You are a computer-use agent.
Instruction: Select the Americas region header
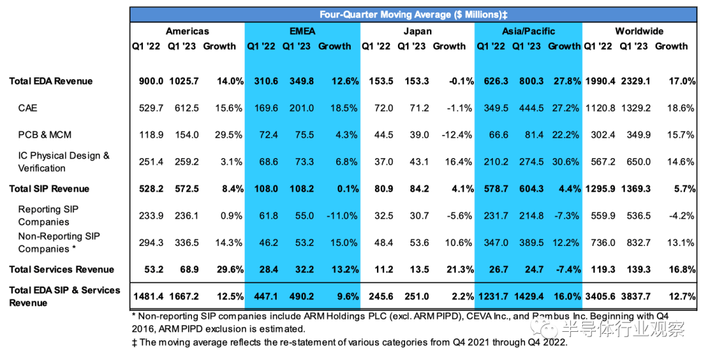[x=187, y=31]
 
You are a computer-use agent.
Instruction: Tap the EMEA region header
[x=302, y=31]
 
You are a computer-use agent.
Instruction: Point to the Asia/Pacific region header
[x=528, y=31]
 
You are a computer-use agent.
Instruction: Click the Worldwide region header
[x=639, y=31]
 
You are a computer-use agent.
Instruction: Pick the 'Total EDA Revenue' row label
[x=50, y=81]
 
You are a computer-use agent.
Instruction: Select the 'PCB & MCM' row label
[x=45, y=134]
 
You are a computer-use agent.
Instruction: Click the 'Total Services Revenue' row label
[x=62, y=270]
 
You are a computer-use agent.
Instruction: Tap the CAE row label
[x=28, y=108]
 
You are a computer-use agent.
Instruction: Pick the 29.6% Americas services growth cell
[x=230, y=270]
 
